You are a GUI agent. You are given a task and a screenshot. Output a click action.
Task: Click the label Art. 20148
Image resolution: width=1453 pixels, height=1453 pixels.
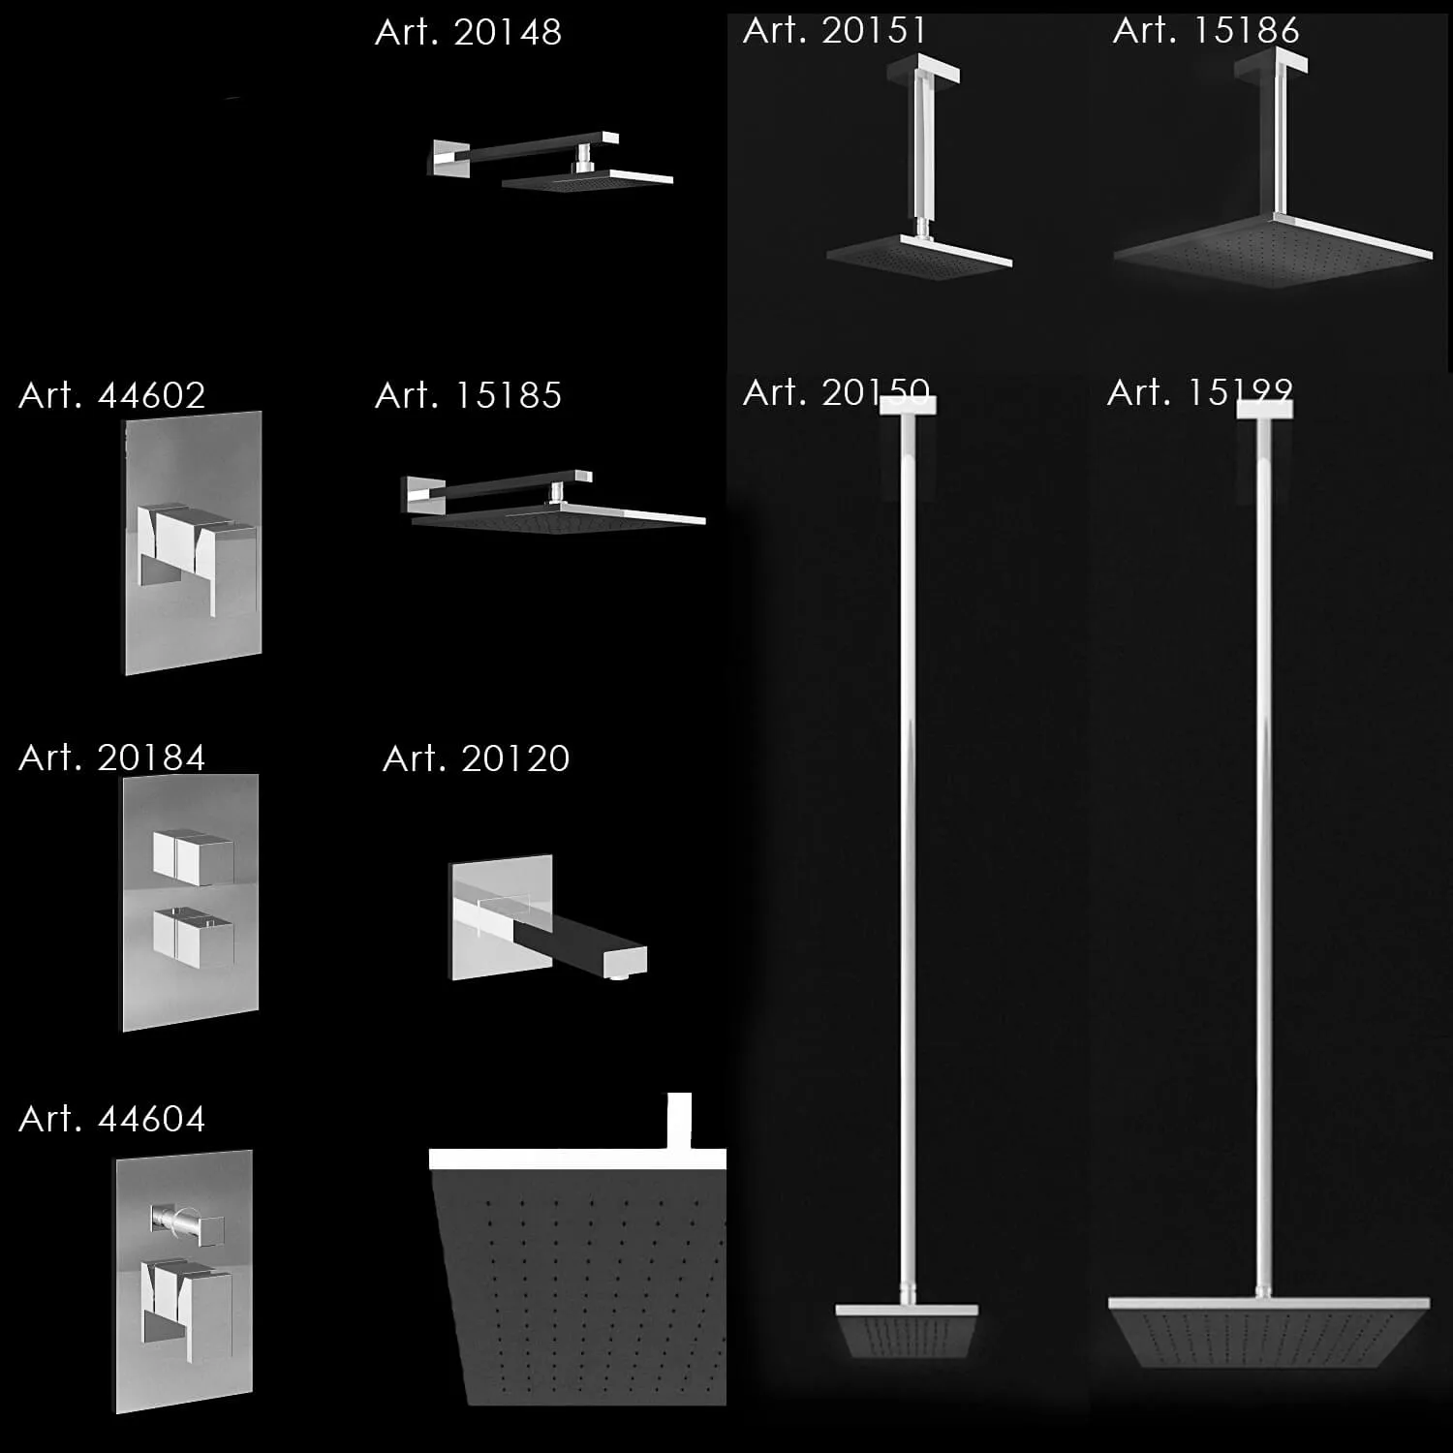tap(468, 33)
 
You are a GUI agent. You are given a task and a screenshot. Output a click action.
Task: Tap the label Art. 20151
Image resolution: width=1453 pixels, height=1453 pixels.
tap(835, 31)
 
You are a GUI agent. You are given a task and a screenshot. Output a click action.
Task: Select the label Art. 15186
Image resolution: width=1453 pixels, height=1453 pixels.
tap(1205, 31)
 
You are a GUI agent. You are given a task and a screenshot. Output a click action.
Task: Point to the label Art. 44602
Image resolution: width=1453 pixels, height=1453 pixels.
tap(111, 395)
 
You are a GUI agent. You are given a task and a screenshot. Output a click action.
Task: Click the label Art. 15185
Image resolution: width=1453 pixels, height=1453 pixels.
tap(468, 395)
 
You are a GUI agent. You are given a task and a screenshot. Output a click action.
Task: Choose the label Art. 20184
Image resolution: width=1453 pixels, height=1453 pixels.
tap(111, 757)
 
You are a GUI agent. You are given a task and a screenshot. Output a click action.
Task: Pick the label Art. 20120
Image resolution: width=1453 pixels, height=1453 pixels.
tap(476, 758)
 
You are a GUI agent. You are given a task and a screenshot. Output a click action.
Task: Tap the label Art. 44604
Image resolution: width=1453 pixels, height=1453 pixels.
tap(111, 1119)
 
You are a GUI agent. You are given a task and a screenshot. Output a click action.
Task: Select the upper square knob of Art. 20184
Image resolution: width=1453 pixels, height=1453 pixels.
tap(193, 856)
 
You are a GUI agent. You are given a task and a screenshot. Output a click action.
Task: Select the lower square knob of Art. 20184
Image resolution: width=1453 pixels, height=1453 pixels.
tap(193, 938)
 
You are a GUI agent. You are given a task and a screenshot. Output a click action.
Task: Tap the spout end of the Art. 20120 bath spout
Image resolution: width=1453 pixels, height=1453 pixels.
tap(624, 962)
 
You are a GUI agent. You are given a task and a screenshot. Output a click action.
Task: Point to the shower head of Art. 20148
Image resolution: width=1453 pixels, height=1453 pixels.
tap(586, 181)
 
